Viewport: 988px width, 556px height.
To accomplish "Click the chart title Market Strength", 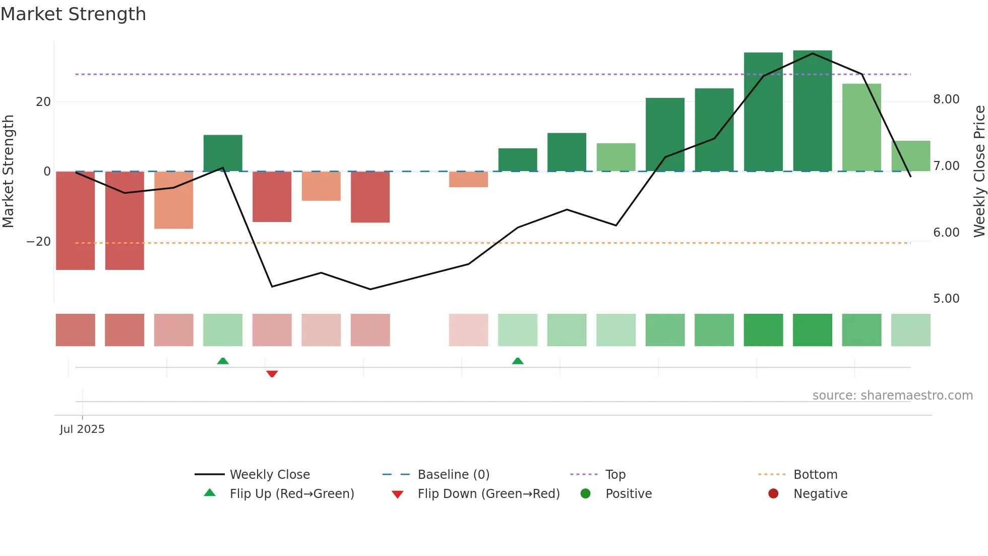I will (73, 14).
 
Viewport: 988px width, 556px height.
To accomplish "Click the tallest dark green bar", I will (812, 111).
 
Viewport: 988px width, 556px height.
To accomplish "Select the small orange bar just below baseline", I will (468, 180).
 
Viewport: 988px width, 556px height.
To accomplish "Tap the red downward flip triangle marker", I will (272, 374).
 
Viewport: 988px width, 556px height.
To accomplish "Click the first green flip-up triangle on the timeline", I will (223, 361).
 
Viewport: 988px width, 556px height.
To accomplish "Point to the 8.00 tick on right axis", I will (946, 99).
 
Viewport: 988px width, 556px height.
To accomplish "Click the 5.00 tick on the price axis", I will (946, 299).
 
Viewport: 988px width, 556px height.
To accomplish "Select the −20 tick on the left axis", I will (39, 242).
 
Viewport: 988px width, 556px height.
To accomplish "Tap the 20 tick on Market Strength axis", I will (43, 102).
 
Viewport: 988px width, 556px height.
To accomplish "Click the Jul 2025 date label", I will (82, 429).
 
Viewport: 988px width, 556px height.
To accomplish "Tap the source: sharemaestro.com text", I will (892, 396).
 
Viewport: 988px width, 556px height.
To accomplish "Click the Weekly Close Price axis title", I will (979, 172).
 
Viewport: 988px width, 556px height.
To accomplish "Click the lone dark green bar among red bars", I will (223, 153).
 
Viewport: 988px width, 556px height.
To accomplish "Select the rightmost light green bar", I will (910, 156).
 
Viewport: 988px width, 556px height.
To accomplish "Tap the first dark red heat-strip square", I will (75, 330).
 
